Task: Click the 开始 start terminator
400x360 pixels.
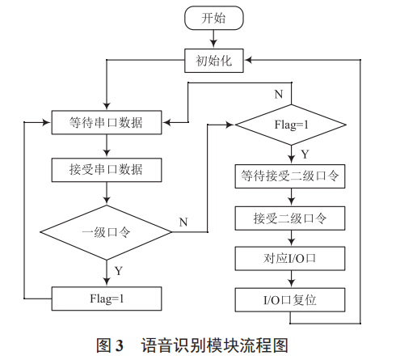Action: click(x=214, y=19)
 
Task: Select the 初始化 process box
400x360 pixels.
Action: click(x=214, y=60)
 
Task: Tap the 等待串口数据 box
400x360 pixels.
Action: click(x=107, y=124)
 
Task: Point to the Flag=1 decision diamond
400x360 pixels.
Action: click(x=292, y=125)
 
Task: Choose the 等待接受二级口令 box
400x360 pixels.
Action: click(x=292, y=176)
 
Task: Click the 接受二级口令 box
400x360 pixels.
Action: click(x=292, y=218)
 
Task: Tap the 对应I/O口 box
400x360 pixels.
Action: click(x=292, y=259)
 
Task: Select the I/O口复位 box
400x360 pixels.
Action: click(x=292, y=300)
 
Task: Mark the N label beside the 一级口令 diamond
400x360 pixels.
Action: click(x=183, y=220)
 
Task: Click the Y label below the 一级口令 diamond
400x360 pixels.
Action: click(x=119, y=270)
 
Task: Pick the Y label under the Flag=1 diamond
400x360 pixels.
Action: click(x=304, y=154)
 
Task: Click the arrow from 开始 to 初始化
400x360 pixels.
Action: click(x=214, y=39)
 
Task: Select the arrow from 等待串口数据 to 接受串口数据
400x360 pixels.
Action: click(x=107, y=146)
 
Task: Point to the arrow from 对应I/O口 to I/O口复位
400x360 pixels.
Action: click(x=292, y=279)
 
